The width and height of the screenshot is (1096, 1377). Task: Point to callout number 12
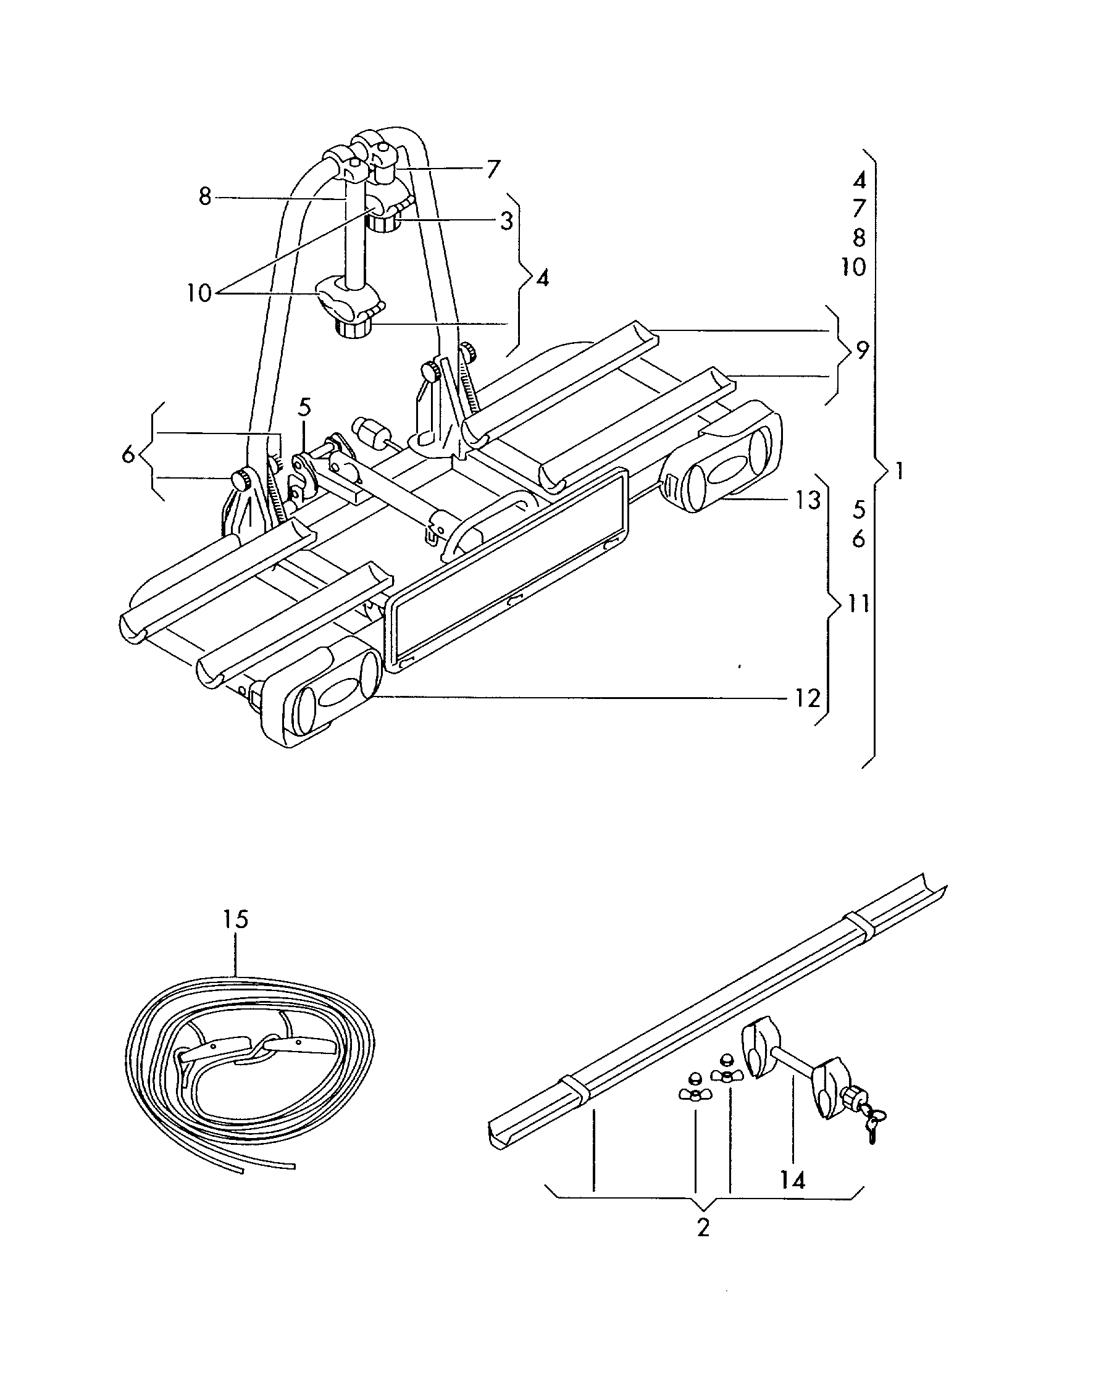click(x=807, y=698)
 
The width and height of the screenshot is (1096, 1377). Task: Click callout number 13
click(x=807, y=500)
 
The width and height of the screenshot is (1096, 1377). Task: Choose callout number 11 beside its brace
click(x=858, y=603)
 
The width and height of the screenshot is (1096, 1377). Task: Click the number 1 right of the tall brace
click(x=899, y=471)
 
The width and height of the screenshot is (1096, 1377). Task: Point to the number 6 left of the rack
click(x=128, y=454)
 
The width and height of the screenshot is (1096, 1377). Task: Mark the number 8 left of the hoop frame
click(x=204, y=196)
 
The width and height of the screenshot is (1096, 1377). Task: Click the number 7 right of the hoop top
click(x=493, y=169)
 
